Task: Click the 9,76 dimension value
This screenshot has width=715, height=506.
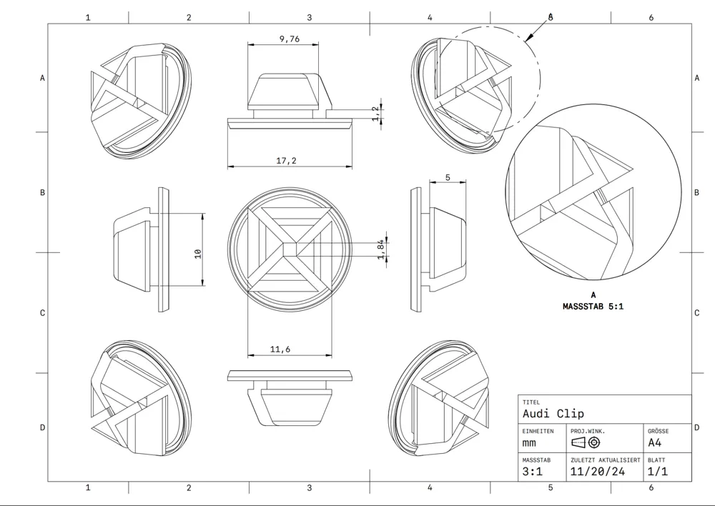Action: pos(289,39)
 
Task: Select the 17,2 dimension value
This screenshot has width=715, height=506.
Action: pos(286,162)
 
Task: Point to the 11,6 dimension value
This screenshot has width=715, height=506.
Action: pos(280,349)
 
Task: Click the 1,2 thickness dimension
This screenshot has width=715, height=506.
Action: pos(376,114)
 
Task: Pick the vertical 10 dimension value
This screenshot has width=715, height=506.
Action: pos(197,252)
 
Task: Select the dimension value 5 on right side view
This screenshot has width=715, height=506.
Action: pos(448,177)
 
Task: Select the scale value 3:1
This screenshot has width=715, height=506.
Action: pos(533,472)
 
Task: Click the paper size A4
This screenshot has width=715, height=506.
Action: pos(655,442)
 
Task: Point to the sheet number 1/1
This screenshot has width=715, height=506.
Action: pos(657,472)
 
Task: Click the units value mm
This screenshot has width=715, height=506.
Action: pos(530,443)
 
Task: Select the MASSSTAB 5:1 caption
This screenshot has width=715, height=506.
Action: pos(593,307)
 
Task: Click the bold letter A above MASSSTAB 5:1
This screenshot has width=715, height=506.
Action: pos(593,294)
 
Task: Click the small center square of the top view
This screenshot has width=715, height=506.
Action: pos(290,248)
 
